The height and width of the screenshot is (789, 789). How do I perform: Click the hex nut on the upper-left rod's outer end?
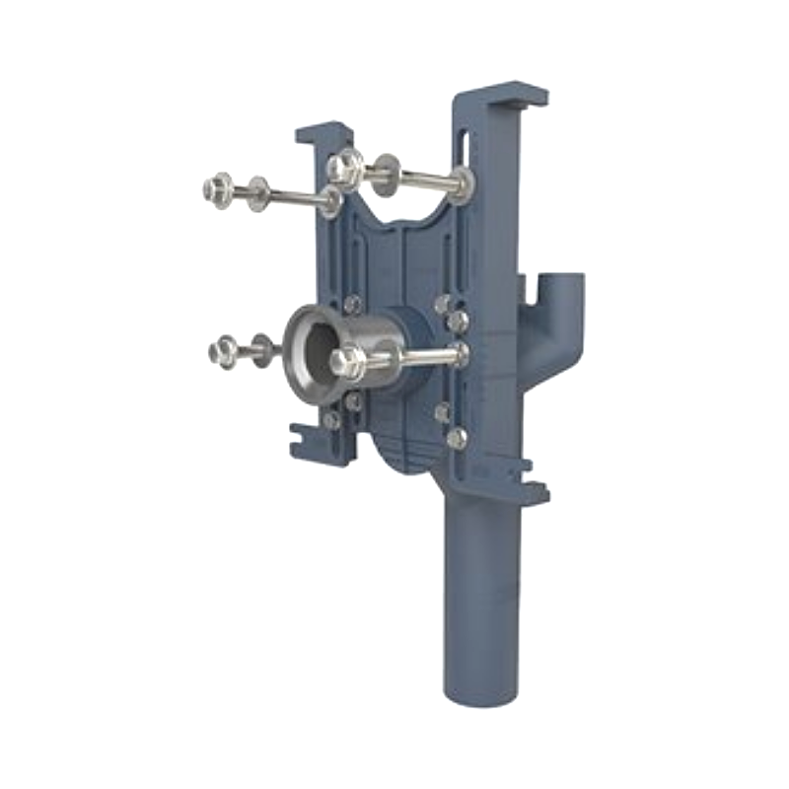point(216,187)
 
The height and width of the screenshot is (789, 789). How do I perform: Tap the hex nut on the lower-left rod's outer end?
point(222,351)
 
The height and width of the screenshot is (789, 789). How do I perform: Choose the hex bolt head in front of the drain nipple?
point(346,362)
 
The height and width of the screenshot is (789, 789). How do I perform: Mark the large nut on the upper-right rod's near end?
point(344,167)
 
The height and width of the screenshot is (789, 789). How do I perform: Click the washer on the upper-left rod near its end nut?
point(258,192)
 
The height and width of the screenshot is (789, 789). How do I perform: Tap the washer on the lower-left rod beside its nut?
point(262,349)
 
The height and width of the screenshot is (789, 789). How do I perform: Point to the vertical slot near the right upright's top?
point(463,148)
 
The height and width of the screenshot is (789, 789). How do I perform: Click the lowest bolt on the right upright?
point(457,437)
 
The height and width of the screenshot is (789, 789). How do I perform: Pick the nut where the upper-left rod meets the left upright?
point(332,202)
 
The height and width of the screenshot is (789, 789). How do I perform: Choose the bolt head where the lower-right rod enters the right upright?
point(459,353)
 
